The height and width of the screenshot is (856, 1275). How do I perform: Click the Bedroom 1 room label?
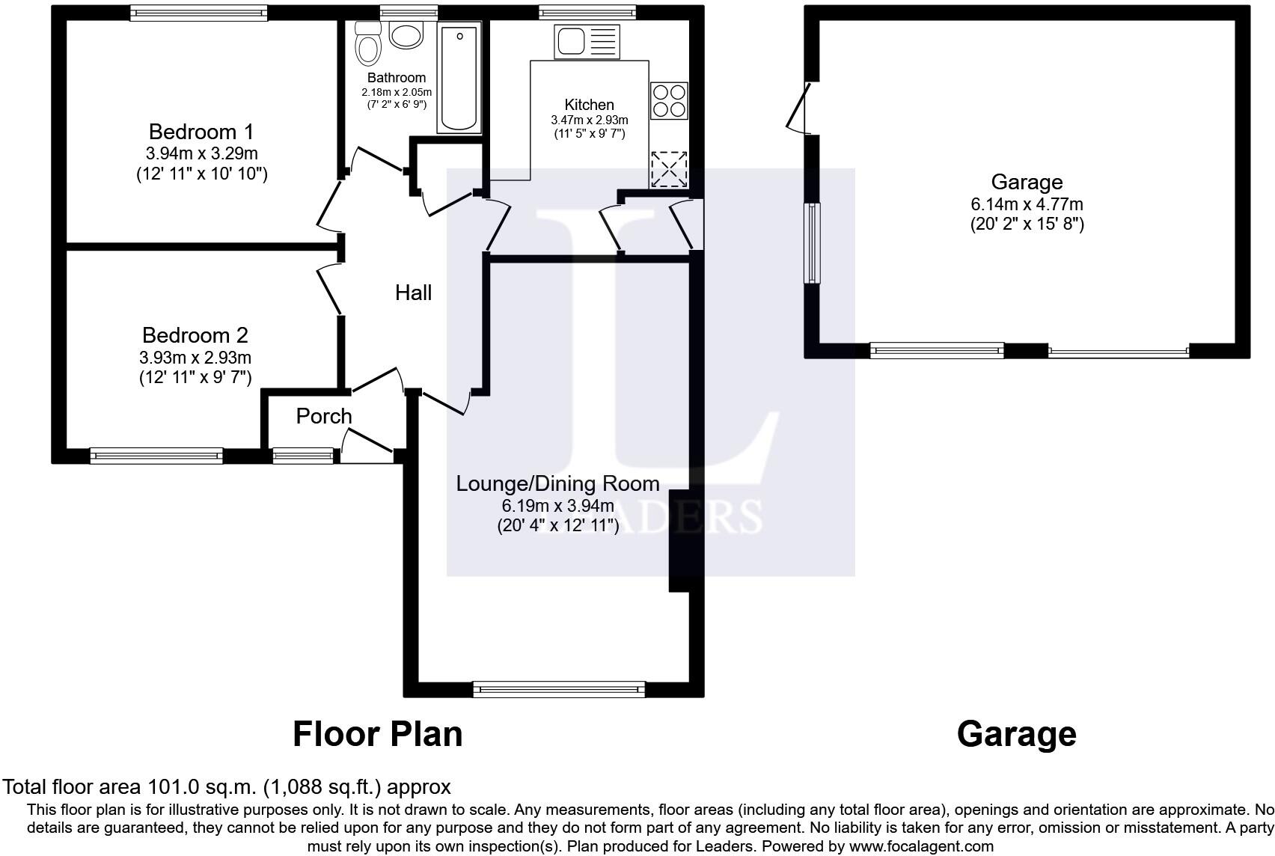pyautogui.click(x=201, y=132)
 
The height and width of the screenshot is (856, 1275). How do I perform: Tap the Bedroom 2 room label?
pyautogui.click(x=195, y=335)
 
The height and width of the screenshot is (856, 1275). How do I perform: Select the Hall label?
pyautogui.click(x=413, y=293)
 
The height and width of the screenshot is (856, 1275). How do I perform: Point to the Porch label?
pyautogui.click(x=323, y=416)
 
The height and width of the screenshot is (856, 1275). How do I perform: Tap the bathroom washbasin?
pyautogui.click(x=406, y=35)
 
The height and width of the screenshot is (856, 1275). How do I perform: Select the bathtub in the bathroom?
pyautogui.click(x=459, y=76)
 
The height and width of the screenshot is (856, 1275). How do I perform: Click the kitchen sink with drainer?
pyautogui.click(x=587, y=41)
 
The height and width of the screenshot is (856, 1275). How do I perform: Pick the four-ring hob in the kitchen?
pyautogui.click(x=669, y=101)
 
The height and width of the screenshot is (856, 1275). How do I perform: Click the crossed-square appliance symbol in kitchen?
pyautogui.click(x=669, y=169)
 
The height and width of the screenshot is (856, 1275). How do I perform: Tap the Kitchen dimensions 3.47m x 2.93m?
pyautogui.click(x=590, y=120)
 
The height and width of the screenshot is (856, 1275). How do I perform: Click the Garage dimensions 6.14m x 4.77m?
pyautogui.click(x=1027, y=204)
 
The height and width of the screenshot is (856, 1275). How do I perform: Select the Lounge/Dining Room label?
pyautogui.click(x=557, y=483)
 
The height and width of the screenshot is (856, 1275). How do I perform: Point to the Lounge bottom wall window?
pyautogui.click(x=559, y=688)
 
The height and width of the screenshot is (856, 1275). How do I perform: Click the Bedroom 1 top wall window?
pyautogui.click(x=198, y=13)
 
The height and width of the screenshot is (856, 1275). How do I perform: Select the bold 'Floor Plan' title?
pyautogui.click(x=377, y=734)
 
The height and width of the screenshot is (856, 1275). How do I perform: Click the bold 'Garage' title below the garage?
pyautogui.click(x=1016, y=734)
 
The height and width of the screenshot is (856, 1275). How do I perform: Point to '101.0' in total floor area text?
pyautogui.click(x=173, y=787)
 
